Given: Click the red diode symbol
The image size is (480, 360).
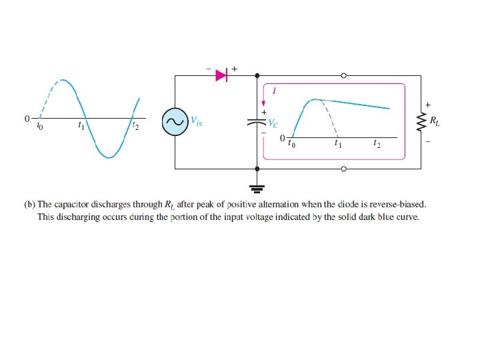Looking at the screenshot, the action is [x=222, y=76].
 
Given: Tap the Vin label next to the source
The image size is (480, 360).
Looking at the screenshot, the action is [x=197, y=121].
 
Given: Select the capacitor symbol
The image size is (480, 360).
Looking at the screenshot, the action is [x=257, y=123].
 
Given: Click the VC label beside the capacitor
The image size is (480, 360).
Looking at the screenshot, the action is [x=273, y=124].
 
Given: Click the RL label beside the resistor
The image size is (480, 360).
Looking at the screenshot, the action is [x=435, y=121].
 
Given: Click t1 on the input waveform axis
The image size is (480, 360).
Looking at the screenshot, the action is [x=81, y=125].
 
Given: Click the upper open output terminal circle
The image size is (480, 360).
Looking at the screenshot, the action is [x=344, y=76].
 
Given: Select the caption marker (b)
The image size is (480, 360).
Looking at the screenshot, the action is [x=29, y=205].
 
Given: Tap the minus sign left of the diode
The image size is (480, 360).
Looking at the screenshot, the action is [x=207, y=69].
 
